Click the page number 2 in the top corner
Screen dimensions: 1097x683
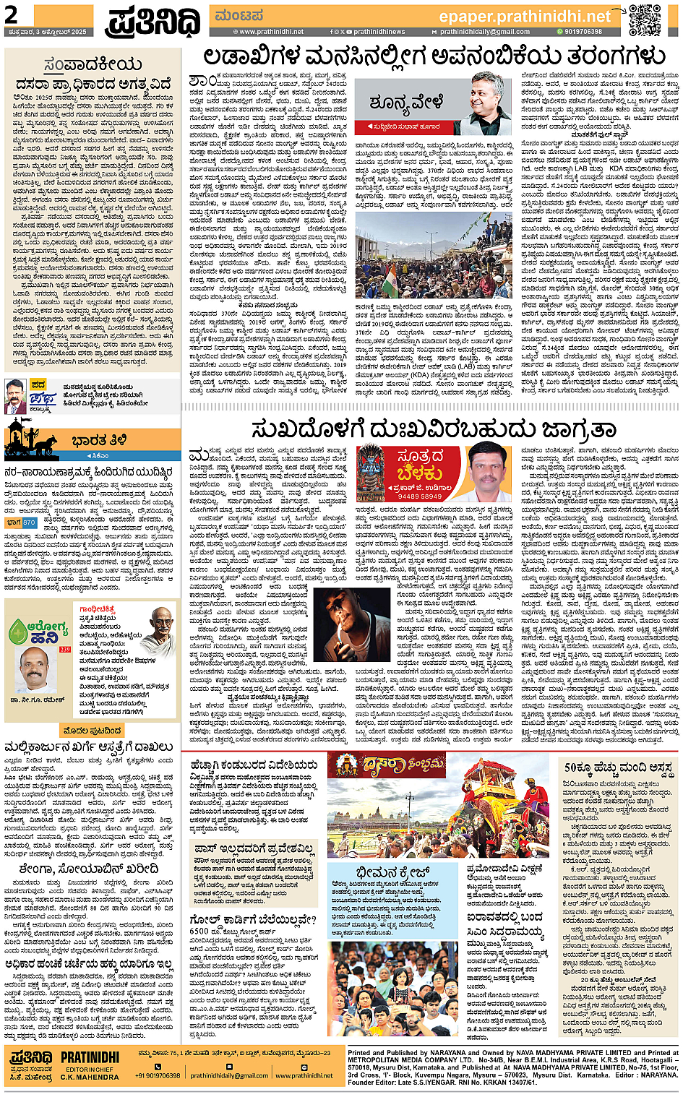point(12,14)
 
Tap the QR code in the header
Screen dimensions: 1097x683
point(643,20)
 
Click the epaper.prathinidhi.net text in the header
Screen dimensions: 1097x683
point(524,16)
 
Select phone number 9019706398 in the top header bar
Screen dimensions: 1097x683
point(583,32)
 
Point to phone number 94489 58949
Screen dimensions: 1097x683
point(419,496)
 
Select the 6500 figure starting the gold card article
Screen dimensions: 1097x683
point(199,932)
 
